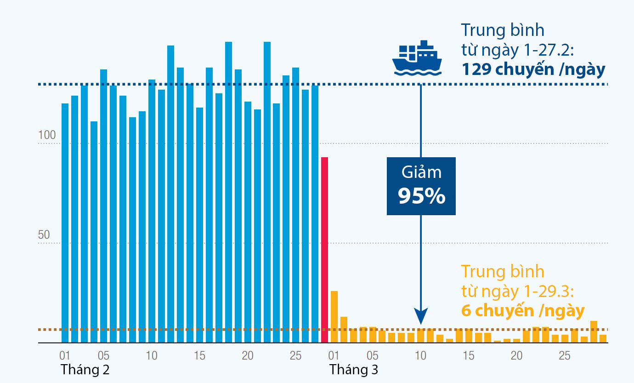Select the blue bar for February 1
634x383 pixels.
(x=65, y=223)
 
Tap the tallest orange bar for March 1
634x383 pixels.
(x=334, y=317)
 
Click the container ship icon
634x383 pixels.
(x=416, y=58)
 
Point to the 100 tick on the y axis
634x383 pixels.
(x=46, y=136)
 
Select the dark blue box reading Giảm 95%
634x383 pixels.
(x=421, y=186)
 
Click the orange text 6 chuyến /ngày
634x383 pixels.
(x=523, y=311)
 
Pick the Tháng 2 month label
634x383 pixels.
(x=85, y=369)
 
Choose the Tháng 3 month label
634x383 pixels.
(x=353, y=369)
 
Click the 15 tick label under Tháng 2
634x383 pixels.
(x=199, y=355)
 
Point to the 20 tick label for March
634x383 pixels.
(x=517, y=355)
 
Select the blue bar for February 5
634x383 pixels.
(x=103, y=206)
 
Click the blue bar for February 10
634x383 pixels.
(x=152, y=211)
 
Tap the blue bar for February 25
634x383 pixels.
(x=295, y=205)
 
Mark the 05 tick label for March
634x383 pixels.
(x=373, y=355)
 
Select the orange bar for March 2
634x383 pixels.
(x=344, y=330)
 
